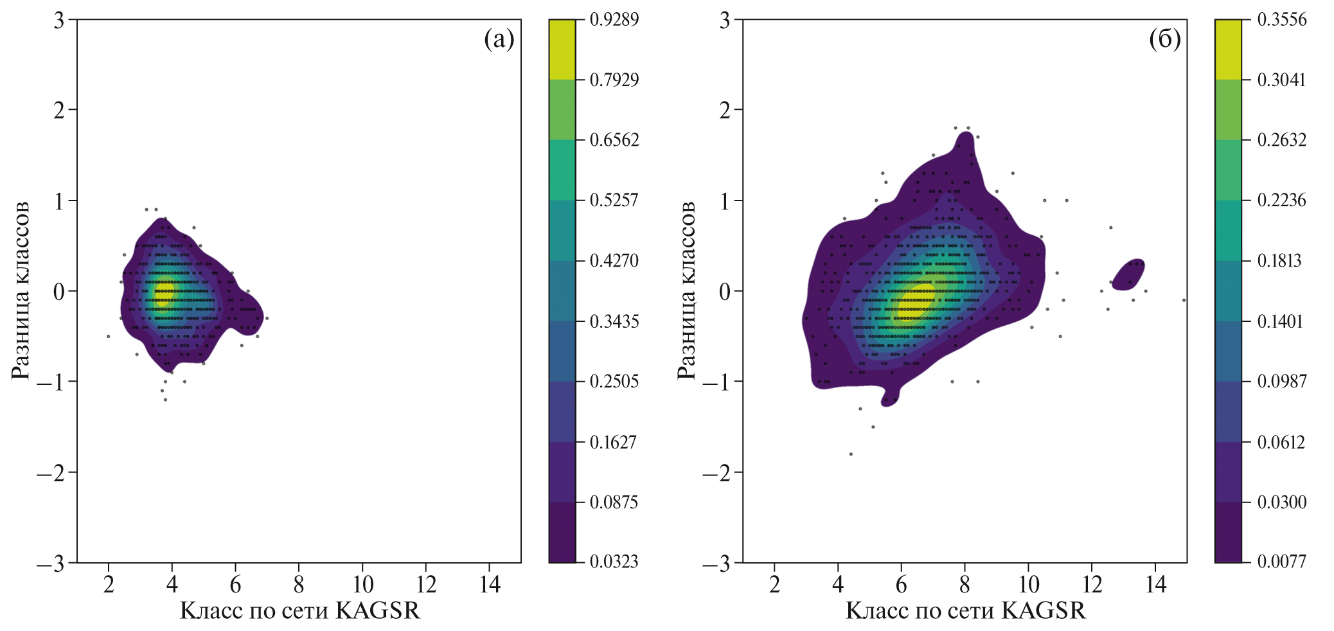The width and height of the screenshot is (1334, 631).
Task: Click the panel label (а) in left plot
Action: pos(499,40)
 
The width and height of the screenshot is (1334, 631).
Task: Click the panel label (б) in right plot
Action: pos(1164,40)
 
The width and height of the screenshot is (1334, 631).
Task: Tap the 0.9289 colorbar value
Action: pos(614,19)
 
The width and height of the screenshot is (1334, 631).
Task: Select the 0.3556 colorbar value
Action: pos(1281,19)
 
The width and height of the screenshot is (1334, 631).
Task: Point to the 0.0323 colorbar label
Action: pos(614,562)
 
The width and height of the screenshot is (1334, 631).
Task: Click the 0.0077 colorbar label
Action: pos(1281,562)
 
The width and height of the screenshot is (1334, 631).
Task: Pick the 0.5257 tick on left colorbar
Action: pos(614,200)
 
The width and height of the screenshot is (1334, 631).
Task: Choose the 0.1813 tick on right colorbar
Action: pos(1279,260)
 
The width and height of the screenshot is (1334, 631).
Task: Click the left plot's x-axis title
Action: pos(299,610)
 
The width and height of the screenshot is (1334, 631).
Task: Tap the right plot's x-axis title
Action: pos(966,610)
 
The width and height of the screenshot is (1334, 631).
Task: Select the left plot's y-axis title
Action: pos(21,290)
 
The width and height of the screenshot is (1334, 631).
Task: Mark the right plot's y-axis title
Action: pos(686,290)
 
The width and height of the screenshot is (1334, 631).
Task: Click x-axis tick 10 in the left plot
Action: pos(363,584)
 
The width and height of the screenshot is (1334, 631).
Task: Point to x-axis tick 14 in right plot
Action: pos(1155,584)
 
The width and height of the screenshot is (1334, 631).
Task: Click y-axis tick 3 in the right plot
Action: pos(725,20)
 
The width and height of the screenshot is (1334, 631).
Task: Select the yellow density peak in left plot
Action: pos(163,292)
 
